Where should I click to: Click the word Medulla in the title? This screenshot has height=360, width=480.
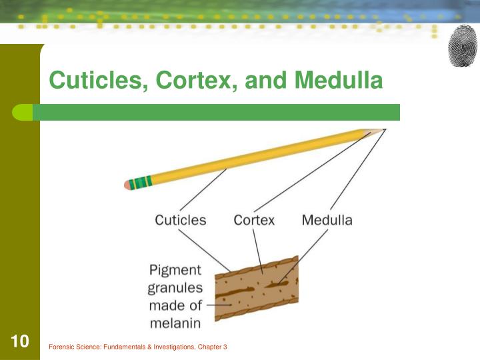point(339,81)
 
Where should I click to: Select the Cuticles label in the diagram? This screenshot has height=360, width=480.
point(181,220)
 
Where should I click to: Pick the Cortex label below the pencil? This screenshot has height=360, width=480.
point(254,220)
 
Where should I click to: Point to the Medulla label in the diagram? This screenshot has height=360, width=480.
point(327,220)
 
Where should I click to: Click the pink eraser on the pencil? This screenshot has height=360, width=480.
point(128,185)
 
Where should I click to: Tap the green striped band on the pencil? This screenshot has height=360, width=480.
point(141,181)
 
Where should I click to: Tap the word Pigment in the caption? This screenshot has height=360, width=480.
point(174,270)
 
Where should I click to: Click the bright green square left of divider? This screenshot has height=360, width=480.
point(22,112)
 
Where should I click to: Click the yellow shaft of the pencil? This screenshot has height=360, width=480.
point(253,158)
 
